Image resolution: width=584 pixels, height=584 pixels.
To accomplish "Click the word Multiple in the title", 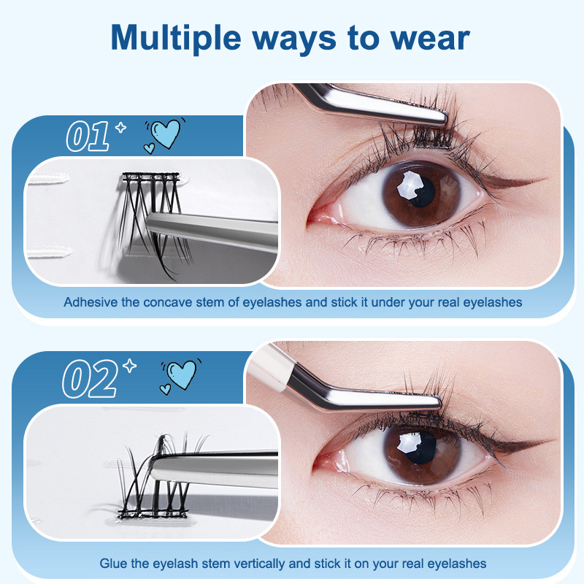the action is pyautogui.click(x=176, y=39).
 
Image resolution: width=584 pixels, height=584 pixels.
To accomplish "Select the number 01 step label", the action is pyautogui.click(x=88, y=137).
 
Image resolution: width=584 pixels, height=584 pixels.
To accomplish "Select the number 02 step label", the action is pyautogui.click(x=90, y=378).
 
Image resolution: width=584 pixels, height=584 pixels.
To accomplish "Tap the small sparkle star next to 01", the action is pyautogui.click(x=120, y=127).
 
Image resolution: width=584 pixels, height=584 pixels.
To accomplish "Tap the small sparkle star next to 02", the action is pyautogui.click(x=130, y=366).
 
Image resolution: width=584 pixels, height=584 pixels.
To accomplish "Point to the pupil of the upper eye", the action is pyautogui.click(x=422, y=192).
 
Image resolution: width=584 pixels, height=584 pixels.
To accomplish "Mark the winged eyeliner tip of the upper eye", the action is pyautogui.click(x=546, y=179).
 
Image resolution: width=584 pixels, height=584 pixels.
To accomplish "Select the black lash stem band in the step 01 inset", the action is pyautogui.click(x=151, y=176).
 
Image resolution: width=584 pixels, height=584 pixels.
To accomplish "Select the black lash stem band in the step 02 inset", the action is pyautogui.click(x=152, y=514).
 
